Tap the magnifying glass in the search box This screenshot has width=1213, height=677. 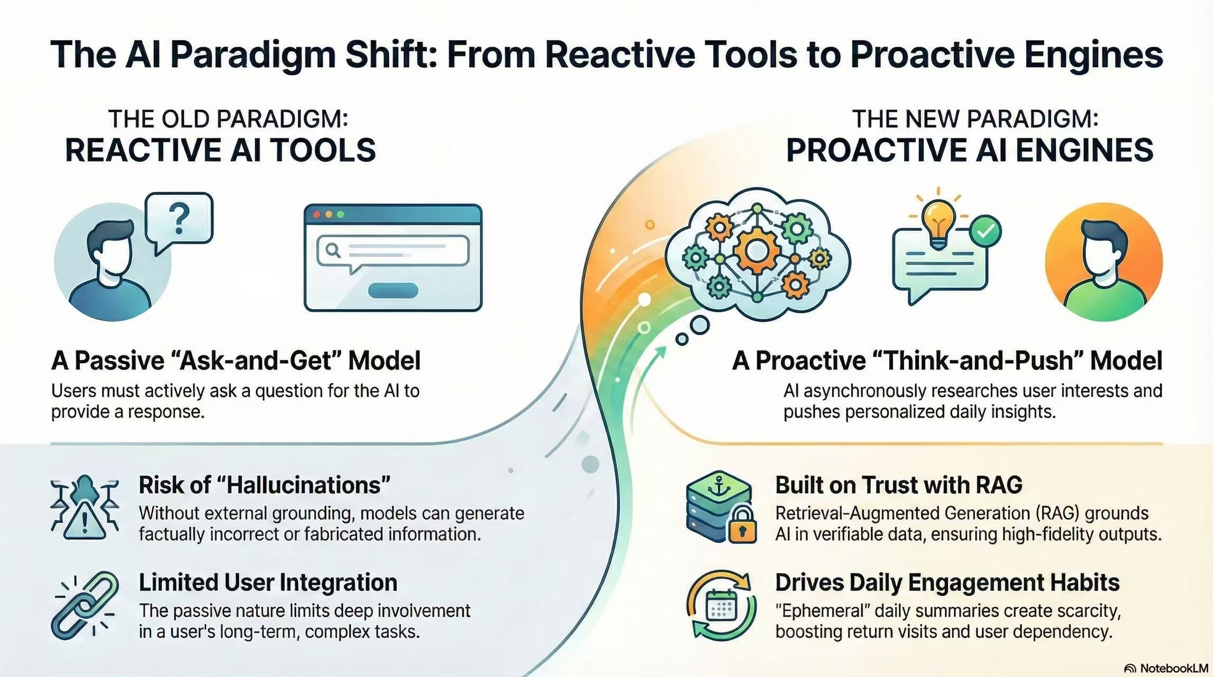(333, 249)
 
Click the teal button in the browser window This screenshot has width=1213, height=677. (393, 290)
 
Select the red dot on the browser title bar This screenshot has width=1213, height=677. (317, 214)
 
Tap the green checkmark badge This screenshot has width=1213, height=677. (985, 231)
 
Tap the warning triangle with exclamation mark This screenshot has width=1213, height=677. (84, 522)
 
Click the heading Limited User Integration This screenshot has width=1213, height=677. (268, 582)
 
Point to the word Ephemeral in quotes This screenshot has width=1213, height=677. (823, 611)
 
